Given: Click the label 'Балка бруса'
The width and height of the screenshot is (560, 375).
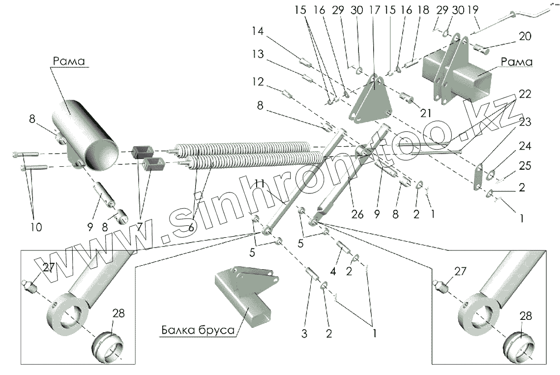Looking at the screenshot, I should [197, 331].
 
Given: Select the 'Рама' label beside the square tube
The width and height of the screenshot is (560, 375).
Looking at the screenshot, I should [517, 62].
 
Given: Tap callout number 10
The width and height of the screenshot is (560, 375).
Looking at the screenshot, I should [36, 227].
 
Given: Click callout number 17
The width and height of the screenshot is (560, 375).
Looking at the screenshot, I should [375, 11].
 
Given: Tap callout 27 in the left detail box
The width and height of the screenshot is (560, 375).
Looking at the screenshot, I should [47, 268].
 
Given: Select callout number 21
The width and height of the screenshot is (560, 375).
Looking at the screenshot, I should [426, 114].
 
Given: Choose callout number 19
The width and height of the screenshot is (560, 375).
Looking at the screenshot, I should [473, 11].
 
